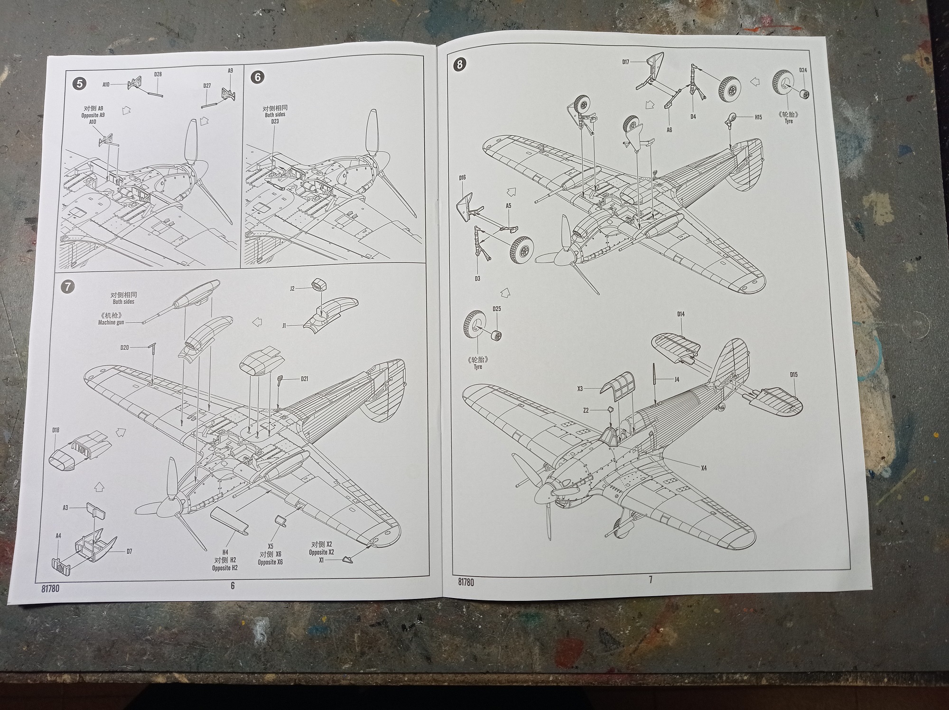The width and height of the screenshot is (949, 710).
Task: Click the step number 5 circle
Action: tap(79, 84)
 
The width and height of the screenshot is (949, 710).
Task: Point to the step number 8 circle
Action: tap(460, 64)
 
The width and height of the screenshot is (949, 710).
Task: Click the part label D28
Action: tap(158, 75)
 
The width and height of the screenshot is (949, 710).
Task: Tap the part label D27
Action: tap(207, 86)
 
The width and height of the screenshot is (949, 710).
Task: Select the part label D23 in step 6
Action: tap(275, 121)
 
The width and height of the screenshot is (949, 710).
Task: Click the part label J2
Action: tap(292, 288)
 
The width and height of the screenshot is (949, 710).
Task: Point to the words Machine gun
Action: tap(111, 323)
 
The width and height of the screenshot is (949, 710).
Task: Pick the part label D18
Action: tap(56, 430)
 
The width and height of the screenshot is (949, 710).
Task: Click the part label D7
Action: tap(129, 551)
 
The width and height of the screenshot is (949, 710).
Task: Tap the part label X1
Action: tap(321, 560)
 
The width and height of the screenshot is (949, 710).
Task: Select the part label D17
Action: tap(626, 62)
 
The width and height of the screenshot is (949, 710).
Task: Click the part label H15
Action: tap(758, 117)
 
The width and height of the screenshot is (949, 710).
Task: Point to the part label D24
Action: tap(803, 70)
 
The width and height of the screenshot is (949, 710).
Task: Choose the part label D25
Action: tap(497, 309)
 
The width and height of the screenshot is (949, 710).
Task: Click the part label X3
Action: tap(580, 389)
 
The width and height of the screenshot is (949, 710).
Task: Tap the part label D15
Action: tap(794, 374)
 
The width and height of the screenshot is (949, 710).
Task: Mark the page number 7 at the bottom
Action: tap(651, 579)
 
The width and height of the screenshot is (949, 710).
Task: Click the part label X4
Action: tap(704, 468)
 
